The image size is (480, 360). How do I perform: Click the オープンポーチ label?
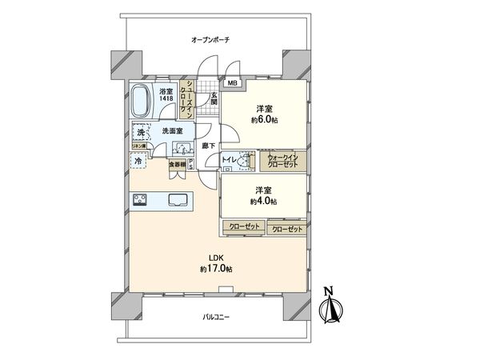coord(210,39)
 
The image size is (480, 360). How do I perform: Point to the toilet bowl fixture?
coord(244,159)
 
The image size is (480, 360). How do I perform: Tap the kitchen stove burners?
coord(140,199)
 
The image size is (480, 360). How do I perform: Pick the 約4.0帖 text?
coord(263,202)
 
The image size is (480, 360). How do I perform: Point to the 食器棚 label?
coord(178,165)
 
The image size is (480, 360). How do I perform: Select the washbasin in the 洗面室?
coord(182,148)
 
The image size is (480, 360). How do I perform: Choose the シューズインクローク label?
coord(191,98)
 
